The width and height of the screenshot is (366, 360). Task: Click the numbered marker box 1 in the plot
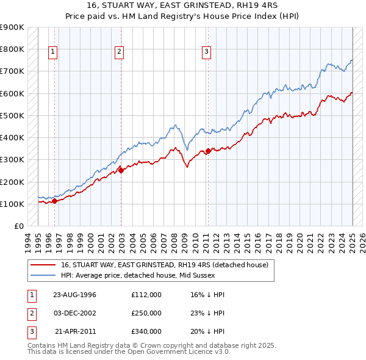(54, 52)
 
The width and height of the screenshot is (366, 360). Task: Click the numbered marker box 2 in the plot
(119, 52)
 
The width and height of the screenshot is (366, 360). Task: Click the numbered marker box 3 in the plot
(206, 52)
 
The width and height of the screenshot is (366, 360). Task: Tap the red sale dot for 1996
(55, 200)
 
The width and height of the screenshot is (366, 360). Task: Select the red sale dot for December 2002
(121, 170)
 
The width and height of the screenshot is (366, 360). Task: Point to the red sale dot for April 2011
(208, 150)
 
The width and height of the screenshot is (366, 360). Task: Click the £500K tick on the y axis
(13, 115)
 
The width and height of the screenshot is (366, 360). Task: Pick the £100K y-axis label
(13, 204)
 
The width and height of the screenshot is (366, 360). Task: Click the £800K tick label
(13, 49)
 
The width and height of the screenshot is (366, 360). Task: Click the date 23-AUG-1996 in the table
(75, 295)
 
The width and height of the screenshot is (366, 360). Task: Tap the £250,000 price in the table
(146, 313)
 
